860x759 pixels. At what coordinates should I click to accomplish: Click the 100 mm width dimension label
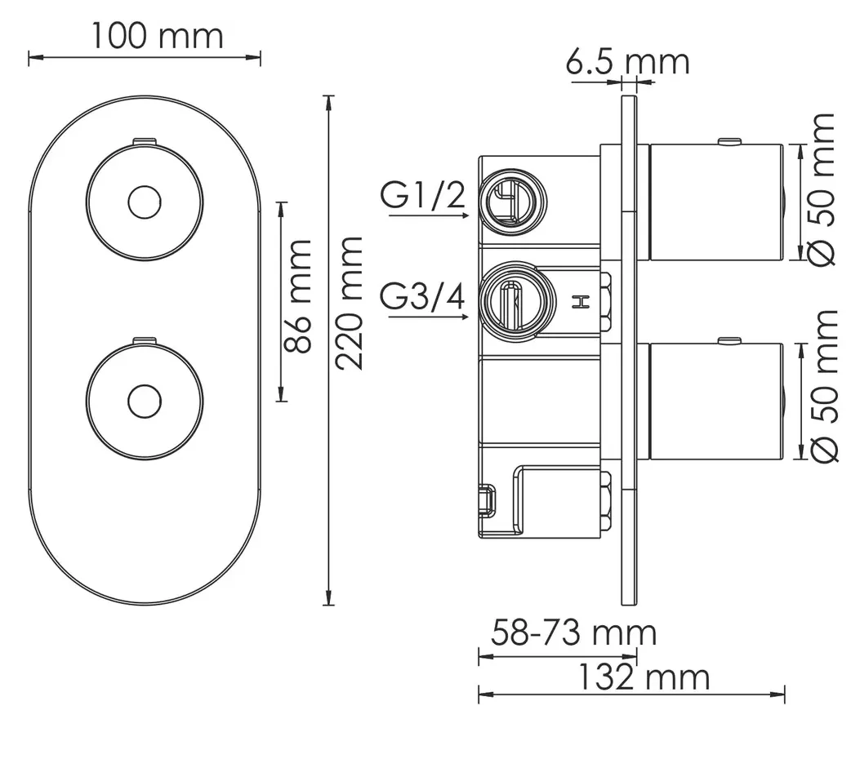click(157, 36)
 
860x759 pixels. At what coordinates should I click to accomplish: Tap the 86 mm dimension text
click(298, 296)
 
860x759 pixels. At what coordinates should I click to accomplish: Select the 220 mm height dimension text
click(350, 303)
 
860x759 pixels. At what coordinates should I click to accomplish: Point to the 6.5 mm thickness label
click(627, 61)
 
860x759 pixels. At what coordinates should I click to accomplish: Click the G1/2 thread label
click(423, 195)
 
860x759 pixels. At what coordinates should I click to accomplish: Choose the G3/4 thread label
click(422, 298)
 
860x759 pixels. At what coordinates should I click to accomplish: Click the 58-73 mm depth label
click(573, 632)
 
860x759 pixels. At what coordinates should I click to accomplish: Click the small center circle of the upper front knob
click(145, 202)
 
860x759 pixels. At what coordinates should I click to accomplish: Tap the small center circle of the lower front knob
click(145, 402)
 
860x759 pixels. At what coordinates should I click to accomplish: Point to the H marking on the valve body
click(581, 301)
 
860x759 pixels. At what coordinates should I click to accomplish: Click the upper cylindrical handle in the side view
click(716, 202)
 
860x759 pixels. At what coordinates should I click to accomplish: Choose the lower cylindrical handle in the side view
click(716, 402)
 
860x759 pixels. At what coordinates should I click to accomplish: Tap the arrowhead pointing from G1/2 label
click(465, 215)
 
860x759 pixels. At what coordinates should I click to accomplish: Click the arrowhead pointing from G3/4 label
click(465, 317)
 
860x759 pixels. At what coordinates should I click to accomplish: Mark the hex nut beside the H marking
click(606, 301)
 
